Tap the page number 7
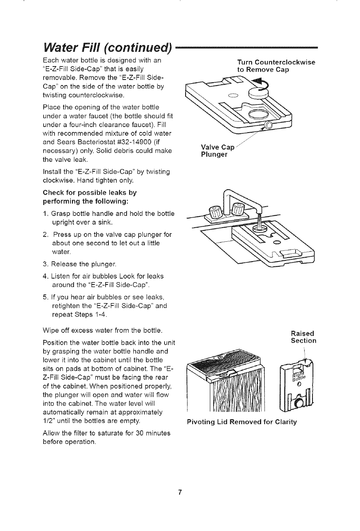click(180, 493)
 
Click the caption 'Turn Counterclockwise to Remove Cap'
click(276, 66)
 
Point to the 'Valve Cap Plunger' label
click(218, 151)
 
